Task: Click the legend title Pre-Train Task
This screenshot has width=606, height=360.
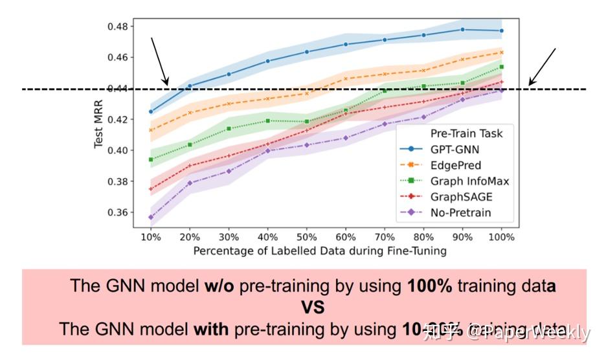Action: [x=466, y=134]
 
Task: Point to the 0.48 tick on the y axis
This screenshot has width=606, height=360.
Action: [x=121, y=27]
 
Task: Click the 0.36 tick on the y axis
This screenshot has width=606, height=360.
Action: [x=121, y=212]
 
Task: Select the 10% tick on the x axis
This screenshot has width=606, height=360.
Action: [x=151, y=237]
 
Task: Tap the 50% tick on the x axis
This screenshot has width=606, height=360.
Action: [x=307, y=237]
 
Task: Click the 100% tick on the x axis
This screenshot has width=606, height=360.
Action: [x=502, y=237]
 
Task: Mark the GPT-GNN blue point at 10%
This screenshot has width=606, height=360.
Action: [x=151, y=111]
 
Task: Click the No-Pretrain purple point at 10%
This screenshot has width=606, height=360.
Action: [x=151, y=218]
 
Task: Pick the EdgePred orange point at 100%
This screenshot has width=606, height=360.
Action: [x=502, y=52]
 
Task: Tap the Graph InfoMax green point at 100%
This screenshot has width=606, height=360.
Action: [x=502, y=67]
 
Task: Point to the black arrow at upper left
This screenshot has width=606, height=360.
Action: [x=159, y=61]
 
